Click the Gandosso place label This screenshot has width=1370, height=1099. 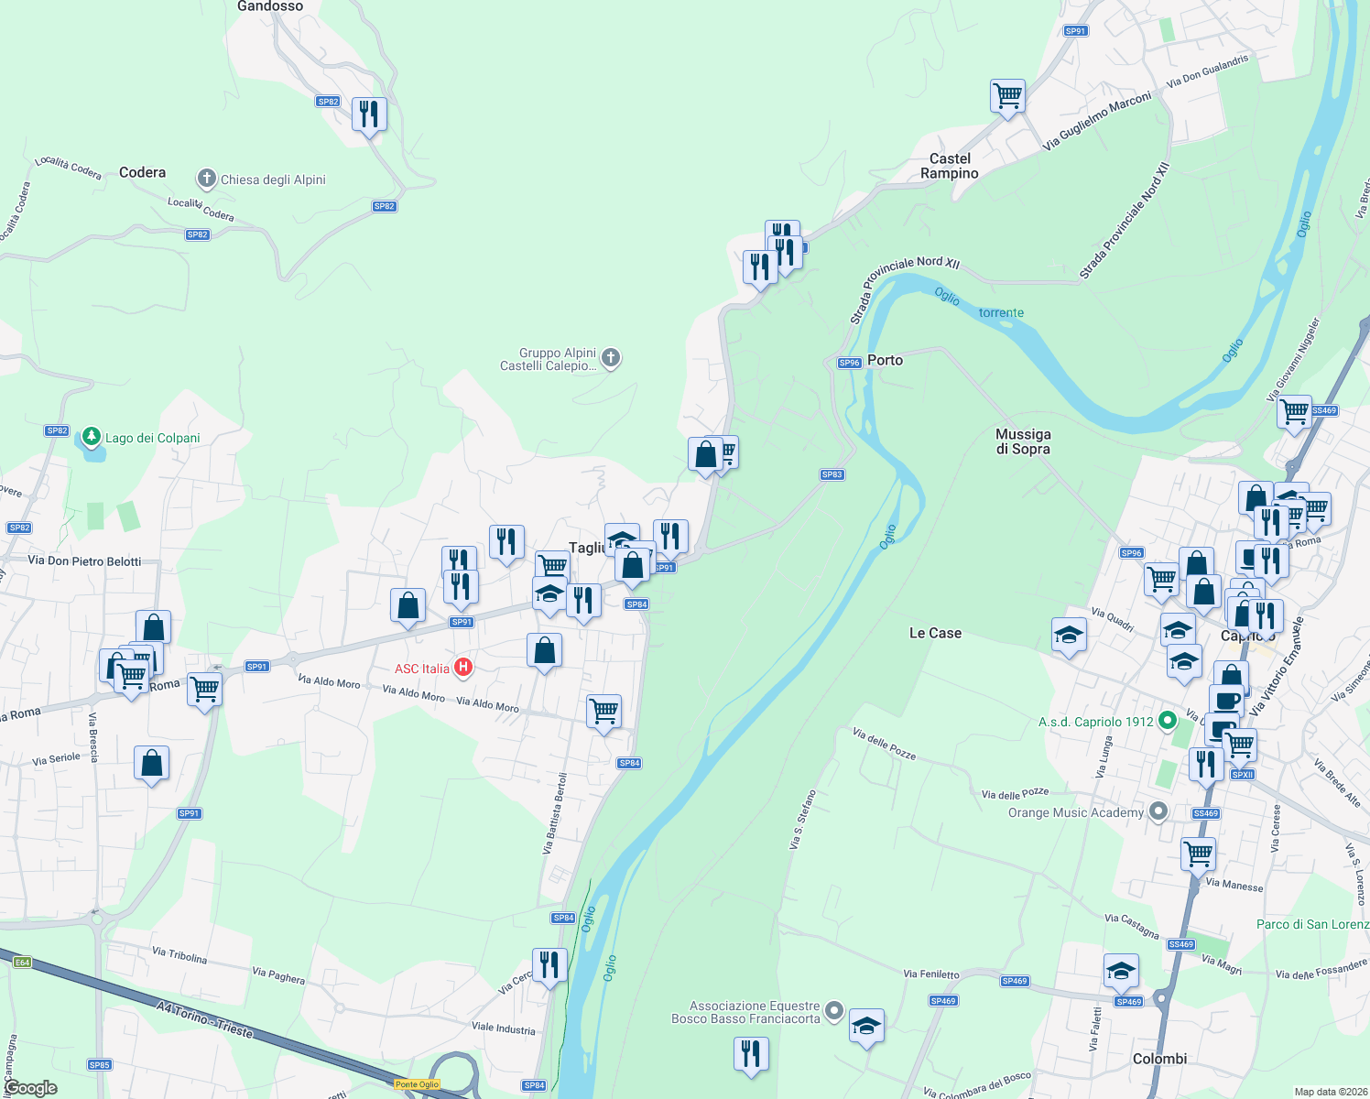269,6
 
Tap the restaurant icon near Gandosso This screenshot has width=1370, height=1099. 369,114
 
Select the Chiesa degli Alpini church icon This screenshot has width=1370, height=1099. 207,179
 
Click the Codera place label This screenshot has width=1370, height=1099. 142,172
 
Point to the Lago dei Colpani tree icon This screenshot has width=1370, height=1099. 92,437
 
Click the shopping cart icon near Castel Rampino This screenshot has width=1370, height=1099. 1007,95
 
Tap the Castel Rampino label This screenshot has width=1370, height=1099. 950,166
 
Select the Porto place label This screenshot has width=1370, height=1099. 885,360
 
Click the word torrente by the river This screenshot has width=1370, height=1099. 1001,312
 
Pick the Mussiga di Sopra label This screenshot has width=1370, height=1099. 1023,441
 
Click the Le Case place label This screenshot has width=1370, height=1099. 935,633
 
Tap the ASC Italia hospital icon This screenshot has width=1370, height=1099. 463,668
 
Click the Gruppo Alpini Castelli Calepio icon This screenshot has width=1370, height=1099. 612,358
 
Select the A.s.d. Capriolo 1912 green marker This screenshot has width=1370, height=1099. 1167,721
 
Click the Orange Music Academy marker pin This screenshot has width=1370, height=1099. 1158,811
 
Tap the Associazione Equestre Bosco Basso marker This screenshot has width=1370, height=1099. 833,1011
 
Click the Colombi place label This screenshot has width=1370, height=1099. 1159,1059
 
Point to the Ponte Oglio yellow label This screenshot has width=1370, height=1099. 417,1084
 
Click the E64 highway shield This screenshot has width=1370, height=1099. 22,962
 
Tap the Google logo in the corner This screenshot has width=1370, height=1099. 30,1088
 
